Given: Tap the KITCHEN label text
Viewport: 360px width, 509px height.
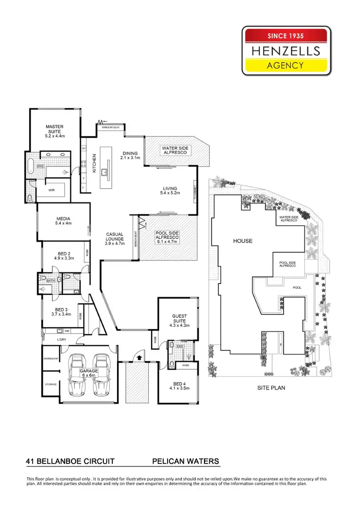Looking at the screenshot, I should coord(95,164).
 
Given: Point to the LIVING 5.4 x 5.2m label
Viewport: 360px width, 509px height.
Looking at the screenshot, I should coord(169,191).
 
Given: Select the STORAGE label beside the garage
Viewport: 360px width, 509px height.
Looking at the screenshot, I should coord(51,384).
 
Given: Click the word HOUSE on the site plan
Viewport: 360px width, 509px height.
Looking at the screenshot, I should coord(242,241).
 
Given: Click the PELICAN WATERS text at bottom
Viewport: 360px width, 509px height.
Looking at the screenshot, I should coord(185,462).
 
